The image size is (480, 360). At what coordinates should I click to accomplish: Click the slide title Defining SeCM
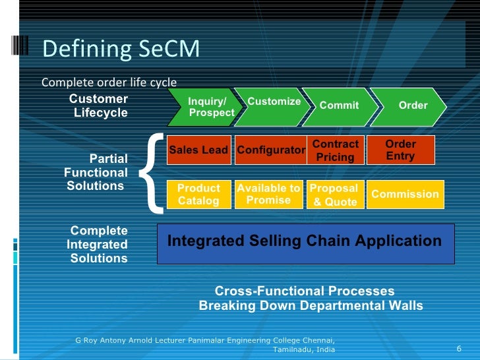[x=120, y=49]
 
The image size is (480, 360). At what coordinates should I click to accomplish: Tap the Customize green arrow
[x=273, y=105]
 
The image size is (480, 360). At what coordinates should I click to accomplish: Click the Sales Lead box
[x=198, y=150]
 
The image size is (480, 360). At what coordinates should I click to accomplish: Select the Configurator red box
[x=270, y=150]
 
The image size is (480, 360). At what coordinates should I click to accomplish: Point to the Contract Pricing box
[x=336, y=150]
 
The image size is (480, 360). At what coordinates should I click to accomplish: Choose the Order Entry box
[x=400, y=150]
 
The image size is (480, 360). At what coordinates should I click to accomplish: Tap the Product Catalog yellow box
[x=198, y=195]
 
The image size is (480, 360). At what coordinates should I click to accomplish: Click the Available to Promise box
[x=268, y=195]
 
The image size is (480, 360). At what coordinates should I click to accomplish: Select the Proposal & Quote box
[x=336, y=195]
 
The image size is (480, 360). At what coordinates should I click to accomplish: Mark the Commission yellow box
[x=405, y=195]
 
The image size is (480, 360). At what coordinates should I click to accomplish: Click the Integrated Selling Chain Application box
[x=305, y=241]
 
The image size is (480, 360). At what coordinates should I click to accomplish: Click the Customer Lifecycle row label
[x=100, y=106]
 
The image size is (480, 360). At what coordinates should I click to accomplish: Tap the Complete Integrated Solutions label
[x=98, y=245]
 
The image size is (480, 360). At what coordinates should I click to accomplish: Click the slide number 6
[x=458, y=348]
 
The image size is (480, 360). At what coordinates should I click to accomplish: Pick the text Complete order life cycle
[x=109, y=82]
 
